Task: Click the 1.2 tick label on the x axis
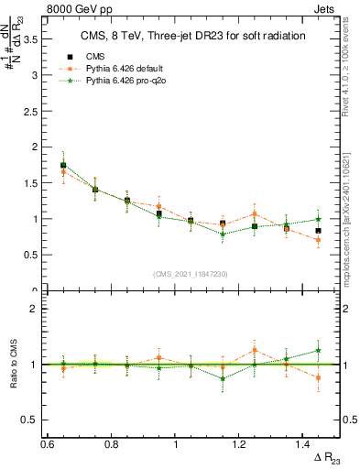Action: coord(239,444)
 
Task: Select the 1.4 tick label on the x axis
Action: coord(303,444)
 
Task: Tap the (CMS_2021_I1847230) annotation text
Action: coord(190,274)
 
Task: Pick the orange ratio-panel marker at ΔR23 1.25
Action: coord(254,350)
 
